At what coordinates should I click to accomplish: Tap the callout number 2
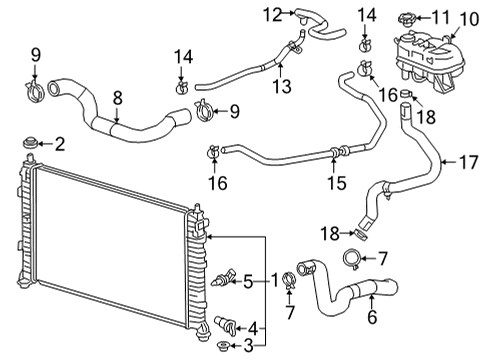(59, 145)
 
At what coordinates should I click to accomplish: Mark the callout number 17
(466, 159)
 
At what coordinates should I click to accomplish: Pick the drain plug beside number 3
(221, 347)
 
